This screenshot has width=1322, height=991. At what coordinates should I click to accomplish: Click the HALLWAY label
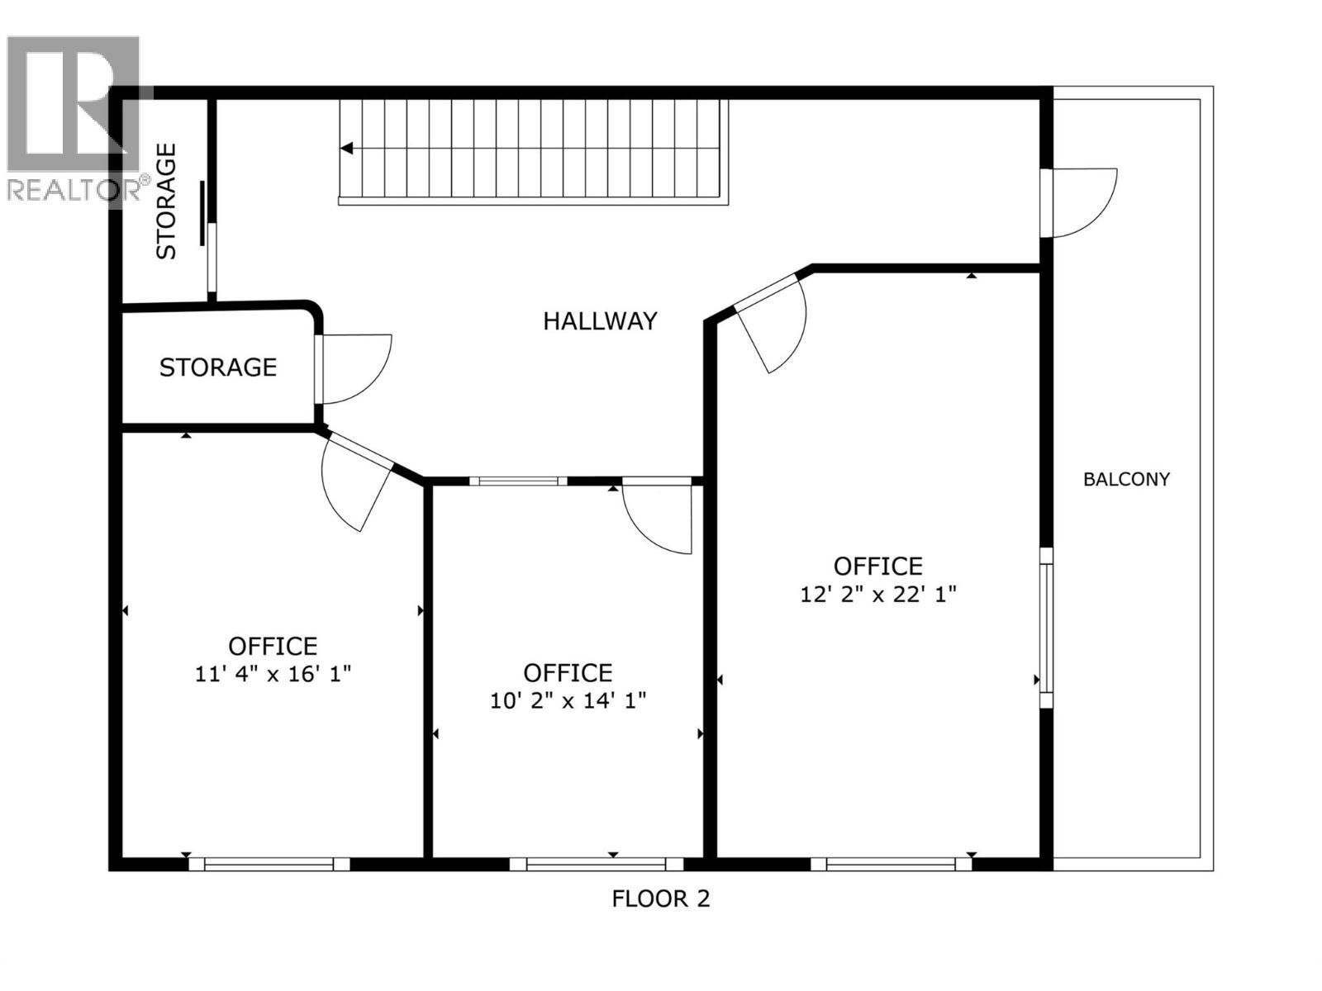600,320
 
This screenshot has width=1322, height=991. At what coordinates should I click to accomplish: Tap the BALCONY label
1126,479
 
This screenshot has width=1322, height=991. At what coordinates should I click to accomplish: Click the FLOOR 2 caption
661,899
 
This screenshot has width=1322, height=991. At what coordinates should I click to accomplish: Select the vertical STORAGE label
167,202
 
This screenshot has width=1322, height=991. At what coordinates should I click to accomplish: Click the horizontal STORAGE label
218,367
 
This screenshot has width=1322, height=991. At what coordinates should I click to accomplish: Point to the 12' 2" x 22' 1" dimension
877,594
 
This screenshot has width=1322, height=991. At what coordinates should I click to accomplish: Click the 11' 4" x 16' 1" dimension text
273,674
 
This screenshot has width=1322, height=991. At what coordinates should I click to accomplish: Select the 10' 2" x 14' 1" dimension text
568,701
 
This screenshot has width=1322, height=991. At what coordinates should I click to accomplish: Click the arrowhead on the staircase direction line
347,149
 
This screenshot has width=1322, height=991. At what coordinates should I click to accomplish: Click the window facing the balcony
1046,628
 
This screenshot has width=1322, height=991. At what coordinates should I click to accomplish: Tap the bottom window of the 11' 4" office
269,865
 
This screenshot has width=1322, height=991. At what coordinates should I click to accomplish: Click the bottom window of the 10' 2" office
596,865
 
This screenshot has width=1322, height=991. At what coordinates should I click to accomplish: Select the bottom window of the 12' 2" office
891,865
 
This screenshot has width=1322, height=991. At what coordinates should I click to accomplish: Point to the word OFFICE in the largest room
877,567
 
